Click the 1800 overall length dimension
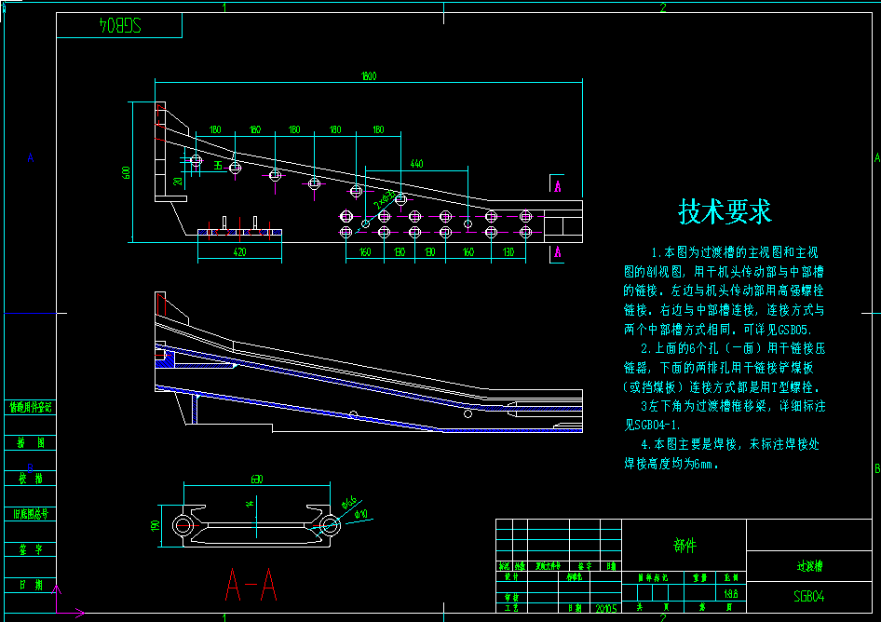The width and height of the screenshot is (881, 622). coord(369,76)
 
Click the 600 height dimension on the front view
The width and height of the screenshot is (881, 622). coord(126,172)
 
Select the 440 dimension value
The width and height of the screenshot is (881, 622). coord(415,164)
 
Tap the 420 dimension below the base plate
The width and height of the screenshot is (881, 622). coord(239,252)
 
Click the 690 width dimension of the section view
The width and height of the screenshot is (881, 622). coord(255,480)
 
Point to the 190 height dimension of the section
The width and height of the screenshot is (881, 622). coord(156,525)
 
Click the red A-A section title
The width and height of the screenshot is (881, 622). coord(251,586)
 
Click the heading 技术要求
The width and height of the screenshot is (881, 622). coord(725,212)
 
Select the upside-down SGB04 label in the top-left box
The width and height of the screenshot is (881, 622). coord(118,26)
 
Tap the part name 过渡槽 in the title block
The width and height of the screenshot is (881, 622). coord(808,565)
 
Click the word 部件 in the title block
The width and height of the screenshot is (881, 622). coord(684,546)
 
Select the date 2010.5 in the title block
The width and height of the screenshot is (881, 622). coord(605,608)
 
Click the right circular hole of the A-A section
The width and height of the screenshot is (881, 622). coord(329,524)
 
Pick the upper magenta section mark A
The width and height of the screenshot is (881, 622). coord(557,186)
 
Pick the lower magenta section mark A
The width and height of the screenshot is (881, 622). coord(557,252)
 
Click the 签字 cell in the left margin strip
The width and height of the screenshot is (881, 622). coord(30,549)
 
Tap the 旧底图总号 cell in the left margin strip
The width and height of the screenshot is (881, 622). coord(30,514)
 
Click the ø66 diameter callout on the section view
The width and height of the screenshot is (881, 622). coord(349,505)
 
